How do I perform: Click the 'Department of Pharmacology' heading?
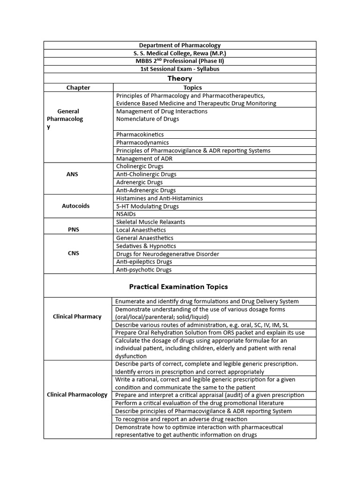(180, 45)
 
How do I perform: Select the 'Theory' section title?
(180, 78)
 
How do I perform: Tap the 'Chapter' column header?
(78, 88)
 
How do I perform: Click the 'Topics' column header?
(193, 88)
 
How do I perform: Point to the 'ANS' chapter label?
(72, 174)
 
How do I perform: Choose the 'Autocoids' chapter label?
(75, 206)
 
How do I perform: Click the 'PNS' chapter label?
(72, 230)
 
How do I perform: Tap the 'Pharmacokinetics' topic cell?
(140, 135)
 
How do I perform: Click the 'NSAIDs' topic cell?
(126, 214)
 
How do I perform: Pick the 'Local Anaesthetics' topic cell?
(141, 230)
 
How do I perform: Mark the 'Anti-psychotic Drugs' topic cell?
(144, 270)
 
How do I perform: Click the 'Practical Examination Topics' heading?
(179, 286)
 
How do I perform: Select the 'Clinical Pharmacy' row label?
(77, 316)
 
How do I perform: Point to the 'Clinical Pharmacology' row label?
(77, 395)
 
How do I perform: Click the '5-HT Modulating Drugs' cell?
(147, 206)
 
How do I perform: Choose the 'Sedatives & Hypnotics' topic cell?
(146, 246)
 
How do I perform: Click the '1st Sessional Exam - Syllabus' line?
(180, 69)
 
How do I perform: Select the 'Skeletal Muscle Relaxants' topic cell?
(150, 222)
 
